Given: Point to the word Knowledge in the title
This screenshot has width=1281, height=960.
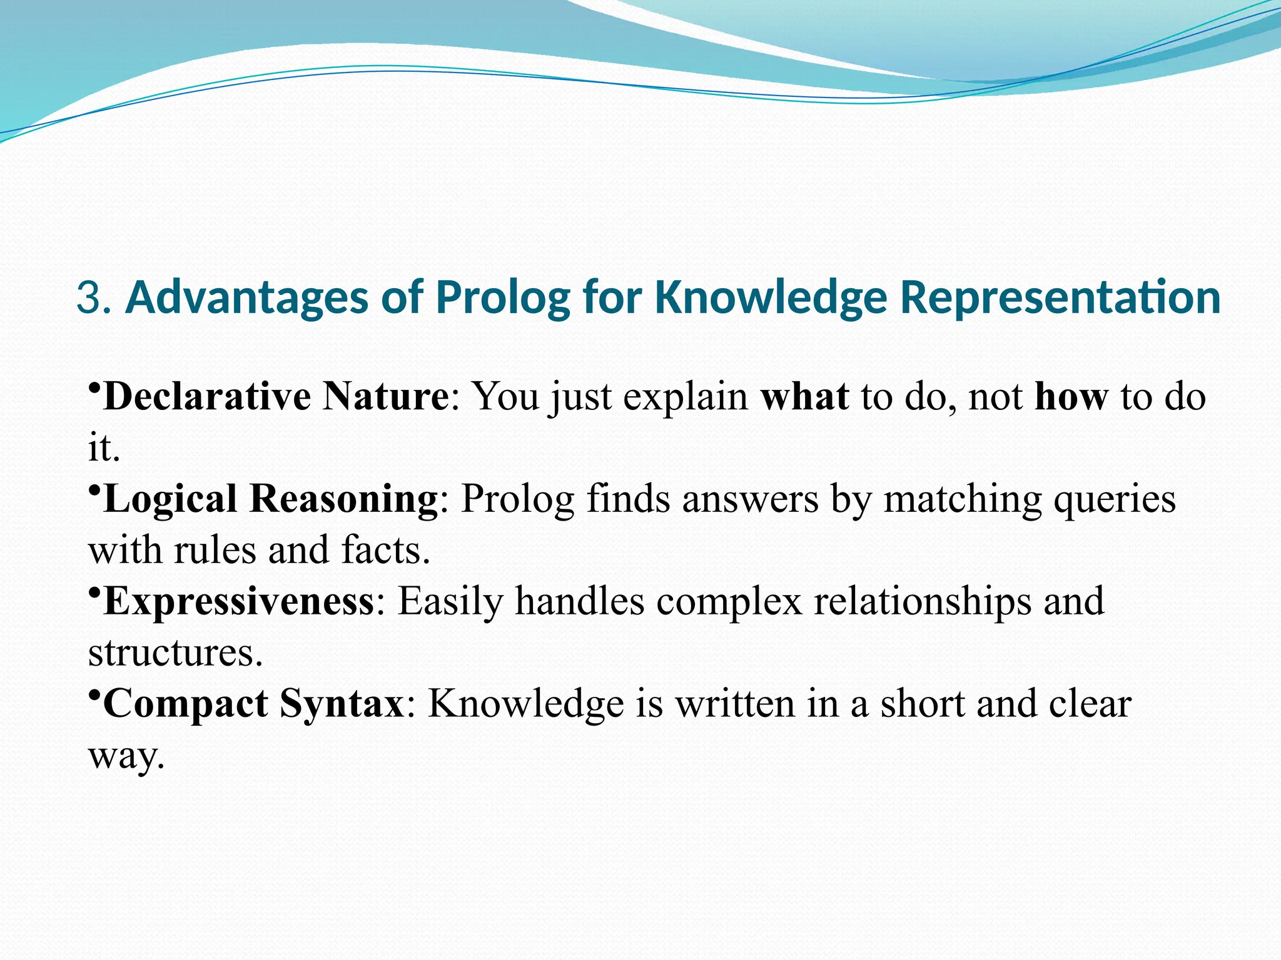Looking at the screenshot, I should coord(771,297).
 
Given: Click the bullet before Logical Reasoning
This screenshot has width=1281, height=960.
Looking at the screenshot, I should coord(94,489).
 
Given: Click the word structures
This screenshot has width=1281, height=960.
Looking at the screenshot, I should coord(175,652).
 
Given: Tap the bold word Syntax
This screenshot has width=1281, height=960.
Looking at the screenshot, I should coord(342,704).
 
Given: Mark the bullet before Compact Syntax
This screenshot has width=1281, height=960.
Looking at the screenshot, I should coord(94,694).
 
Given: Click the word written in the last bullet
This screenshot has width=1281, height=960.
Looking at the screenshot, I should coord(735,704).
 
